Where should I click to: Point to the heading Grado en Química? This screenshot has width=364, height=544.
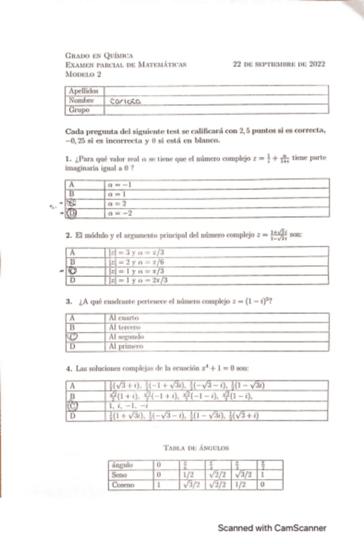(x=95, y=56)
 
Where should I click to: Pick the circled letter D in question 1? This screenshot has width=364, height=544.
(x=73, y=212)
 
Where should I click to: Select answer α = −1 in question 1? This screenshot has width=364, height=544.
(x=118, y=183)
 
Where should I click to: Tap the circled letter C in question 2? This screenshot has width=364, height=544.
(x=73, y=271)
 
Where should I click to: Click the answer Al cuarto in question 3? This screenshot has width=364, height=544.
(x=122, y=317)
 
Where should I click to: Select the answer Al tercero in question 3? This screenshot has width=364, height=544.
(x=123, y=327)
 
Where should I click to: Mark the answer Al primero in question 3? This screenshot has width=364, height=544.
(x=124, y=346)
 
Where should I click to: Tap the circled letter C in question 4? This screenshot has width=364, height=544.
(x=73, y=405)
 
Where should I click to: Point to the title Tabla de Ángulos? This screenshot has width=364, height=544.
(x=196, y=446)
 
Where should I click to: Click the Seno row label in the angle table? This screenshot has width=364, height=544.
(x=119, y=475)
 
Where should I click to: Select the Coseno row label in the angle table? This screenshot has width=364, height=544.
(x=122, y=485)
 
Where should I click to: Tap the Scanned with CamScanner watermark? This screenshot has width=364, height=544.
(x=272, y=529)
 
